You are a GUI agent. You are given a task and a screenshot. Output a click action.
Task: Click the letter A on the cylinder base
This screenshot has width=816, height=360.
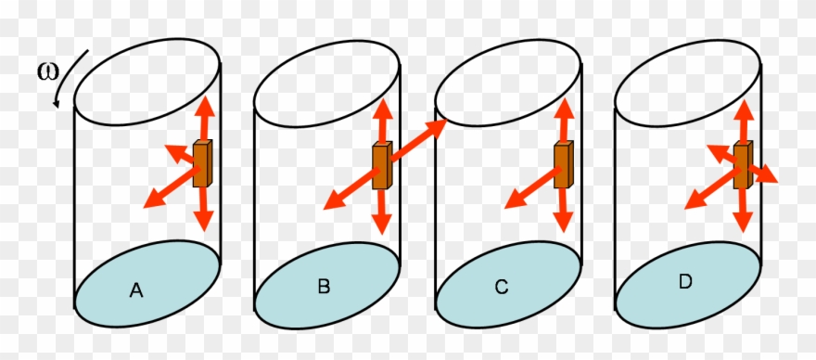[x=135, y=291]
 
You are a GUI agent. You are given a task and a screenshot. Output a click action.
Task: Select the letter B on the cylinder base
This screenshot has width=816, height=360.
[x=324, y=287]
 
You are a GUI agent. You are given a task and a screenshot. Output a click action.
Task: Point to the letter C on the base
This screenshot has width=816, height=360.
[x=502, y=288]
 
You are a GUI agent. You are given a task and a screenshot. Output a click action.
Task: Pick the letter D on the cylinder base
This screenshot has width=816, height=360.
[x=685, y=280]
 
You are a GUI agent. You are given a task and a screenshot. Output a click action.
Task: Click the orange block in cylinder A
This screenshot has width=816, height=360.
[x=202, y=164]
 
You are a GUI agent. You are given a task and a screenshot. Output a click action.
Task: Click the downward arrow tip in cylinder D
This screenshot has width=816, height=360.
[x=742, y=225]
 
